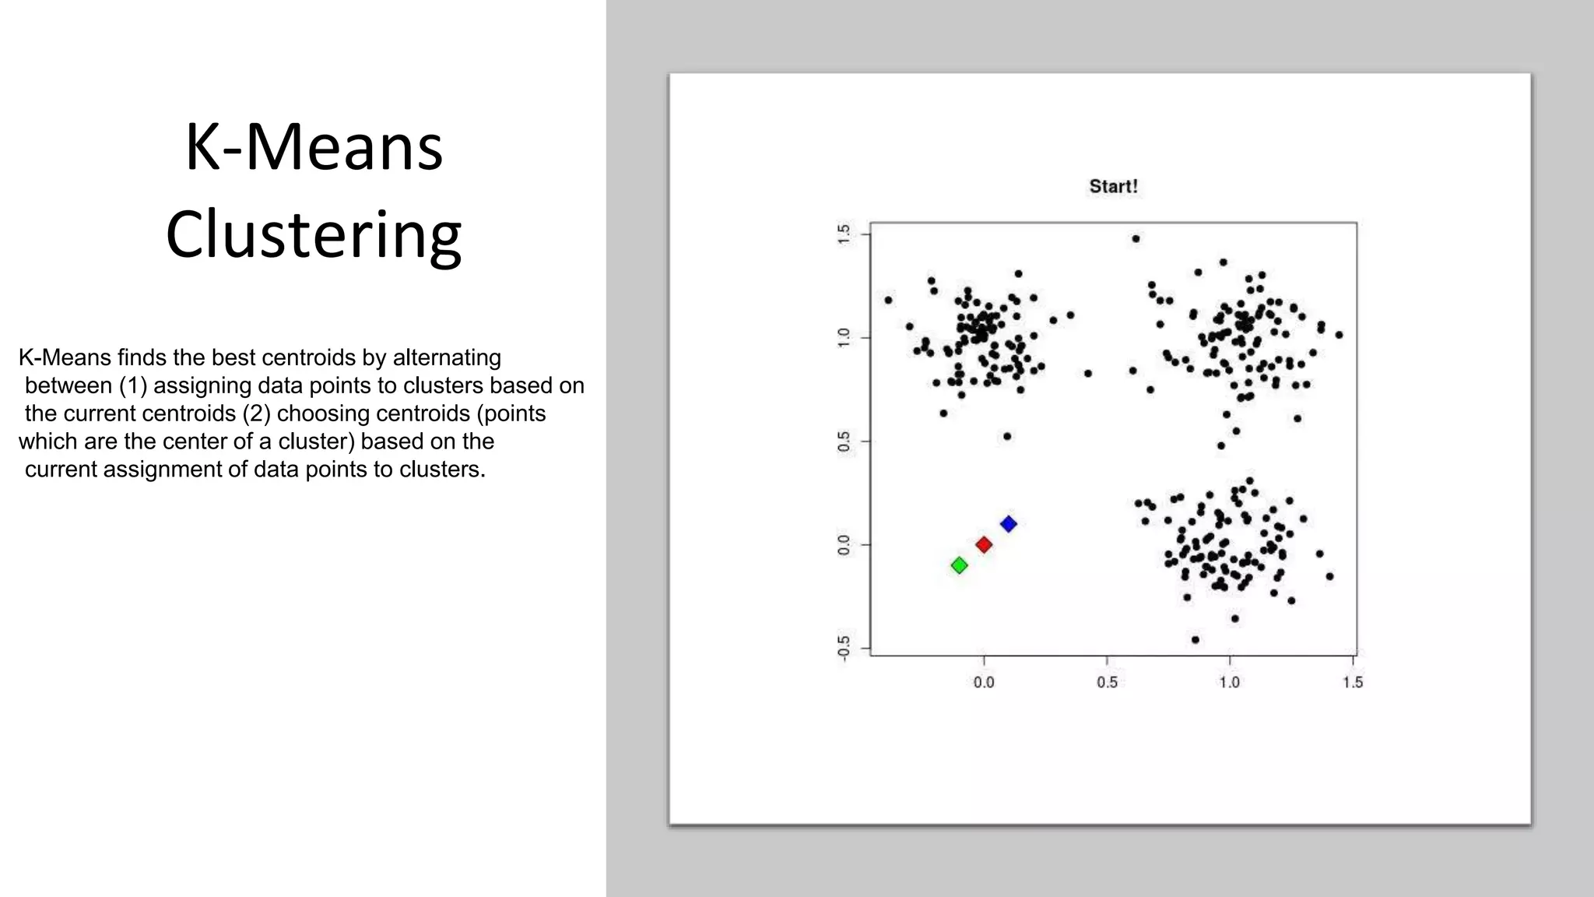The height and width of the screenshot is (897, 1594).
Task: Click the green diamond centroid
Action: [960, 565]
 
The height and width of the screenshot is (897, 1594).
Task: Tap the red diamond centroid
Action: [984, 545]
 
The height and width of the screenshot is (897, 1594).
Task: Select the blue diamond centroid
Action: [1009, 524]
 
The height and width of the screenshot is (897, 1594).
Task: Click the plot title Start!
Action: [1113, 187]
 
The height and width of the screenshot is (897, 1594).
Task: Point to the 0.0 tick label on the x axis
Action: [984, 683]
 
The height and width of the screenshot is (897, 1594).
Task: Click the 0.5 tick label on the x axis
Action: [1107, 683]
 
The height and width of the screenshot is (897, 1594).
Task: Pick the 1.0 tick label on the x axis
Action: [1230, 683]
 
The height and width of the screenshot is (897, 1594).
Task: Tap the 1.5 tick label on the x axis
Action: [1353, 683]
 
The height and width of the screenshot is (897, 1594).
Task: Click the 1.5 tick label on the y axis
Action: [844, 234]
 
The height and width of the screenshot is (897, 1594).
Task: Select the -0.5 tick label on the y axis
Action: [844, 648]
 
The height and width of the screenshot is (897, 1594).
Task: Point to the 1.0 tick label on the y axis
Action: [844, 338]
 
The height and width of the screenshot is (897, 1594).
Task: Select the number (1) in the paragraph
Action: [133, 385]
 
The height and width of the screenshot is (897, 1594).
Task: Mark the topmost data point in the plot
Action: [1136, 239]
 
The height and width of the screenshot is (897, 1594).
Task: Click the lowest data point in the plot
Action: [1195, 640]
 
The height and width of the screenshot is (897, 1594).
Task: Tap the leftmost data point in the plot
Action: [888, 300]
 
